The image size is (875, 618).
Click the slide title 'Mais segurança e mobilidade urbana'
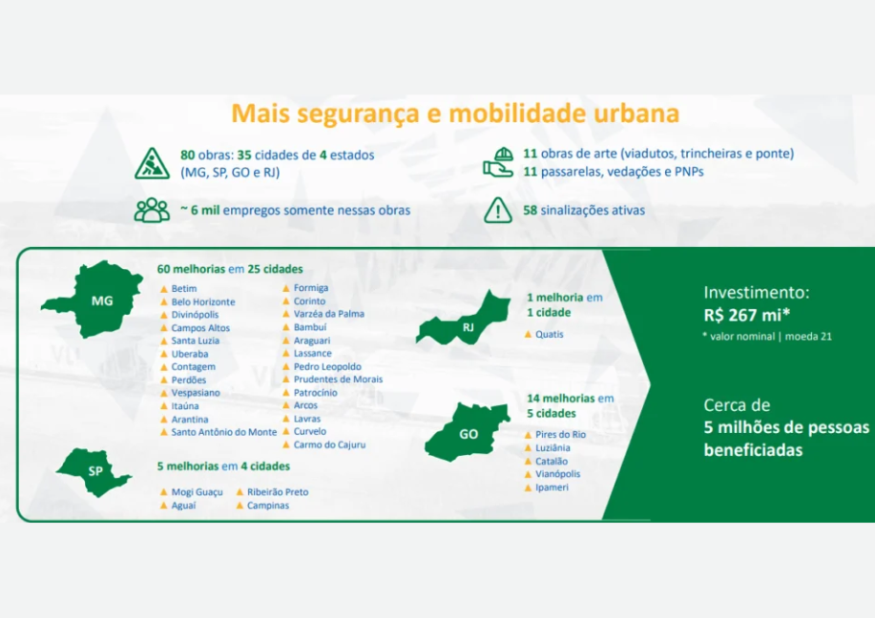(455, 113)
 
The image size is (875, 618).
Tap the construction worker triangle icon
(152, 163)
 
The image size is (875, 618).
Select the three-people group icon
(152, 210)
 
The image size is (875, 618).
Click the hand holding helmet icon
(498, 162)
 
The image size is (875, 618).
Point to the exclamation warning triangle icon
(498, 210)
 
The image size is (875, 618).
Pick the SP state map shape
(94, 472)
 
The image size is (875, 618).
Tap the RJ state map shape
(463, 319)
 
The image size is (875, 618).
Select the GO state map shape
(468, 431)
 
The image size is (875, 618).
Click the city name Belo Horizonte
(203, 301)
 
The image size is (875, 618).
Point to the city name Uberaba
(190, 354)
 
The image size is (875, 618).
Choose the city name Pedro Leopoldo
(327, 366)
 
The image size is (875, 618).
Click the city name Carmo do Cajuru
(330, 444)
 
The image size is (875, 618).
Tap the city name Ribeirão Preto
(278, 492)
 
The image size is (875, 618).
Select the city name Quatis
(550, 334)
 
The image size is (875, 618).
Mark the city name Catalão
(552, 462)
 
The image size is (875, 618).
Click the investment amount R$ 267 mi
(746, 315)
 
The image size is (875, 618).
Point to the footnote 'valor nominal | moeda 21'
(767, 337)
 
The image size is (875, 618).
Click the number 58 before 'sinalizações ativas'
(531, 210)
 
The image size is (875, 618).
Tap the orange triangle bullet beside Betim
(164, 288)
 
